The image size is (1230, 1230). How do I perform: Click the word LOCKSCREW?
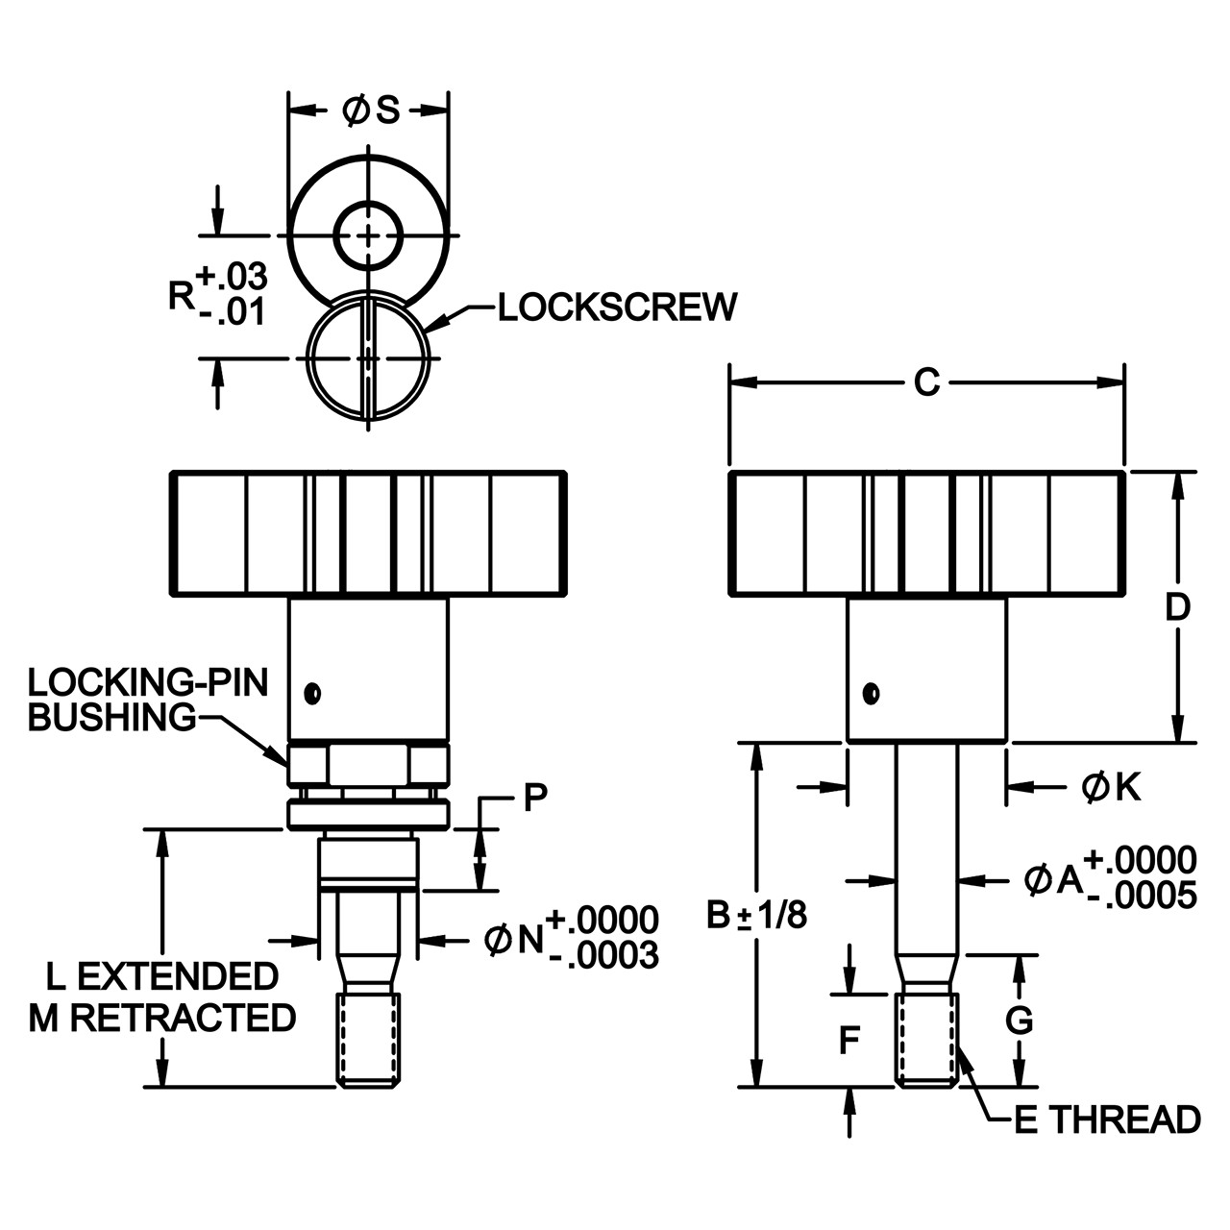point(617,307)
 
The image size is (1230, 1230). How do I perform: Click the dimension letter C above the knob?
point(926,383)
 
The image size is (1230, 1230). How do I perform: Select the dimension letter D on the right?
point(1178,606)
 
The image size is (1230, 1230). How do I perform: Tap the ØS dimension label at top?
point(371,111)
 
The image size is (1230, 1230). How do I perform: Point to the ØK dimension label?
point(1111,787)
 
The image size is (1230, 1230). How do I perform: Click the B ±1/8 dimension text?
point(756,916)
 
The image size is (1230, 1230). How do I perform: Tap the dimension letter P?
point(535,798)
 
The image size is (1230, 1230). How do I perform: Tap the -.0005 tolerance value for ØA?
point(1143,896)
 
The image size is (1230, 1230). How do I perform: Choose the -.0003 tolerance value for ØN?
point(604,955)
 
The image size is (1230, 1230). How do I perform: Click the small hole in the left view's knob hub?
point(312,693)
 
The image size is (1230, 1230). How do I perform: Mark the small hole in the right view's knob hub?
point(871,693)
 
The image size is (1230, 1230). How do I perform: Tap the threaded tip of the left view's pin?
point(368,1040)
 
